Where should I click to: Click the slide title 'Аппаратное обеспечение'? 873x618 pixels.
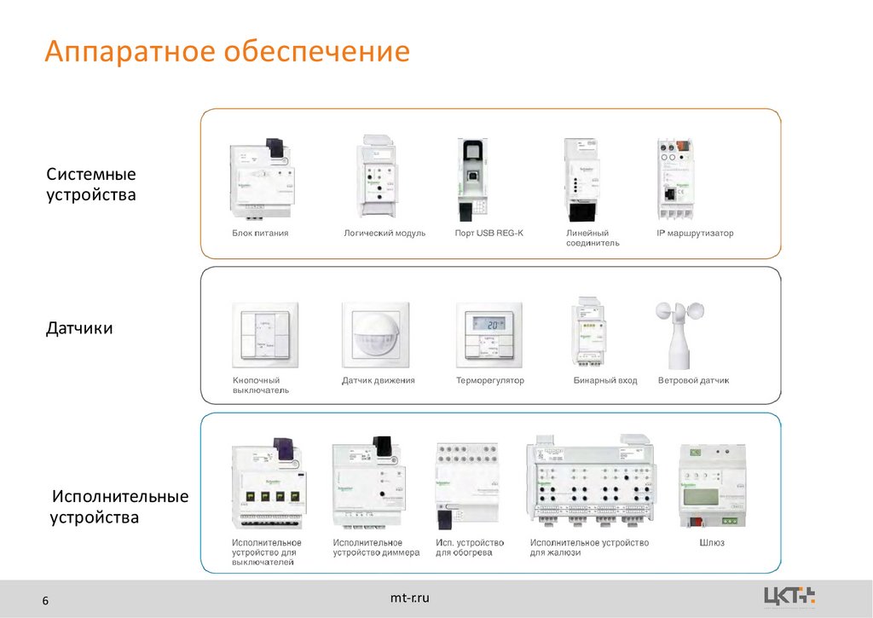click(228, 52)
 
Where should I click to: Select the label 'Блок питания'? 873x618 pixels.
click(260, 233)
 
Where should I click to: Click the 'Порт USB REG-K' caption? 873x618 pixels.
click(489, 233)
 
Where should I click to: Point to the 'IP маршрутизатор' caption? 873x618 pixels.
click(695, 233)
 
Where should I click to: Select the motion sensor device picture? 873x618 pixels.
click(375, 332)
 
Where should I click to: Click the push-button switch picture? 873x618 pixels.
click(265, 333)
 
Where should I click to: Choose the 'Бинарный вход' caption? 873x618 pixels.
click(605, 380)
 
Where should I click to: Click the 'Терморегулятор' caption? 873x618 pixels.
click(490, 380)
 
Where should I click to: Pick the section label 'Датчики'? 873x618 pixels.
click(79, 328)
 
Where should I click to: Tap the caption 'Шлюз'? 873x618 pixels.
click(712, 543)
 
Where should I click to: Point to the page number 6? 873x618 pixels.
click(46, 604)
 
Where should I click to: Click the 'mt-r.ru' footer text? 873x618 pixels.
click(410, 598)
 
